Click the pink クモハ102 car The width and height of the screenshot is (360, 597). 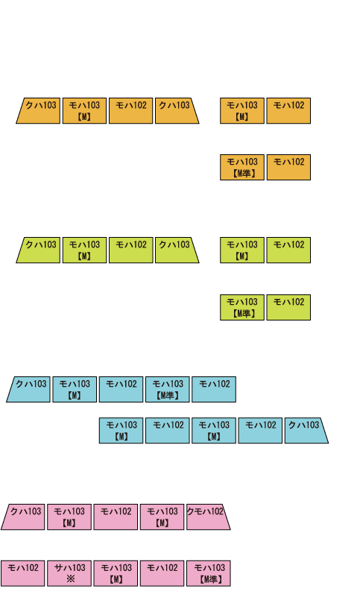click(208, 517)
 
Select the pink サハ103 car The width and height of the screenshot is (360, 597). click(69, 573)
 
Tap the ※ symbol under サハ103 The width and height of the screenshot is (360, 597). click(70, 579)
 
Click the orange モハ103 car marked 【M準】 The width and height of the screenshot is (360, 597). click(242, 167)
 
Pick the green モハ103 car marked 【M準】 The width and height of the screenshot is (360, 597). click(242, 307)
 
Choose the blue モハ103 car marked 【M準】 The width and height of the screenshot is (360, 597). click(168, 389)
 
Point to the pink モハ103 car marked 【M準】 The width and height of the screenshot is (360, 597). click(209, 573)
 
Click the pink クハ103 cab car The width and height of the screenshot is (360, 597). click(24, 517)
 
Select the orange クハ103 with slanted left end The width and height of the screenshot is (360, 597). click(39, 110)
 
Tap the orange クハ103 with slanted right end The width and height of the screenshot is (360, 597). click(177, 110)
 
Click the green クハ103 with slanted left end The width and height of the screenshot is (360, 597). click(39, 250)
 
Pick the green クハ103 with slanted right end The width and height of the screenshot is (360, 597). click(177, 250)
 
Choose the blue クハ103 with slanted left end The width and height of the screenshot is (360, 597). click(29, 389)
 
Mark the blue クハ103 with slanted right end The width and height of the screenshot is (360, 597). click(306, 430)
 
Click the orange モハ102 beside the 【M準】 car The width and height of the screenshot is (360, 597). click(288, 167)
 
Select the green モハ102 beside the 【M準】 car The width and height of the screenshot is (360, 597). click(288, 307)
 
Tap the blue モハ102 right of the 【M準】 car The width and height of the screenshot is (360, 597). click(214, 389)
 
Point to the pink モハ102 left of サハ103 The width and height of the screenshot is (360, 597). click(23, 573)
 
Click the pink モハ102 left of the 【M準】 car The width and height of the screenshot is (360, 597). click(162, 573)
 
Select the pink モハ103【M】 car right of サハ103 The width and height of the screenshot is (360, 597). click(116, 573)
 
